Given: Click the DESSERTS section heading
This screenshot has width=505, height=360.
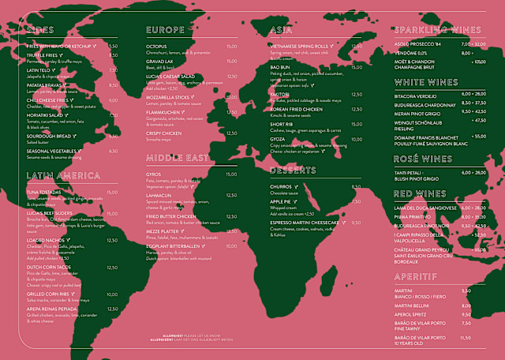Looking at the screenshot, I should coord(294,171).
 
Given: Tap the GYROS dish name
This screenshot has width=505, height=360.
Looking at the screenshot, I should coord(155,173).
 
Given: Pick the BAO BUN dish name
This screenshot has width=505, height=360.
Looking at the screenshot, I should coord(281,68).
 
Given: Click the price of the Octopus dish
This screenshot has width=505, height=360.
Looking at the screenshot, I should coord(231,47).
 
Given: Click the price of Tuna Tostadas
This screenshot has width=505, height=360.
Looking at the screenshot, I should coord(111,192).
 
